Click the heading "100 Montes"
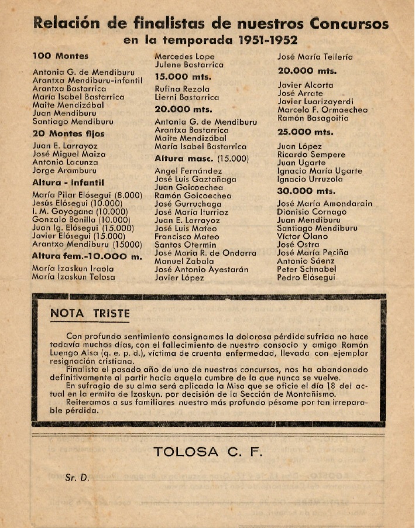tap(60, 57)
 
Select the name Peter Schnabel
tap(306, 269)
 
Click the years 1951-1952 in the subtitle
tap(267, 40)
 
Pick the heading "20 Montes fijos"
tap(64, 133)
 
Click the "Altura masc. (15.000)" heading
tap(201, 158)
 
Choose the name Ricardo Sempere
tap(311, 155)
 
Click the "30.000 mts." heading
tap(306, 191)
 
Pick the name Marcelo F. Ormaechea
tap(322, 109)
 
